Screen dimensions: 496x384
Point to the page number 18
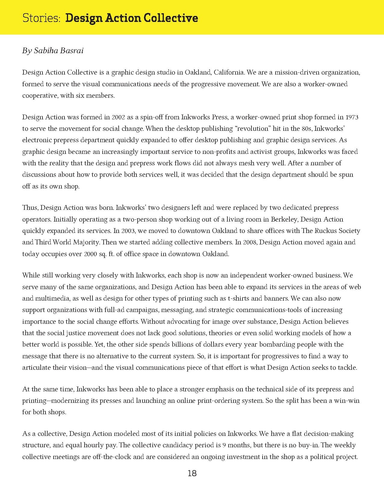click(192, 473)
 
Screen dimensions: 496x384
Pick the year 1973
click(352, 117)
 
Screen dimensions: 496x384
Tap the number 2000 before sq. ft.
click(90, 254)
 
